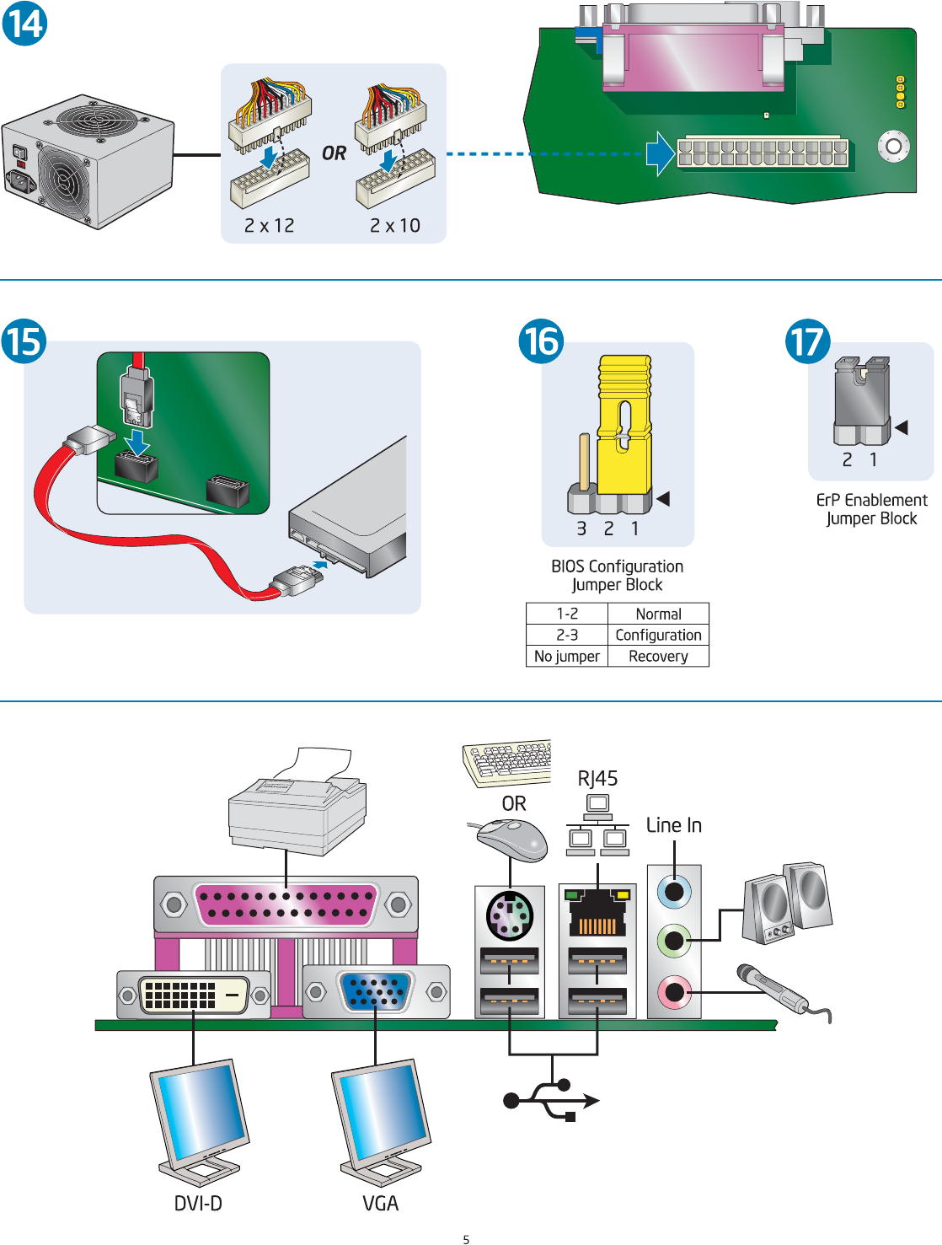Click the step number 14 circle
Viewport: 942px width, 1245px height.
point(24,23)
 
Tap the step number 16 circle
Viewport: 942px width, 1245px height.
point(540,341)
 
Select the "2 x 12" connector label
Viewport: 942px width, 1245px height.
point(270,226)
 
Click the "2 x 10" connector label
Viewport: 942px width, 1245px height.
point(395,226)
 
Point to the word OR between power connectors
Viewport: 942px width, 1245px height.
point(334,153)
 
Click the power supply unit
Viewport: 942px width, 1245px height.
point(88,160)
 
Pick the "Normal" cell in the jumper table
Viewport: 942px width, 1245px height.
point(658,614)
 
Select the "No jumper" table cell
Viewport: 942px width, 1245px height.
point(567,656)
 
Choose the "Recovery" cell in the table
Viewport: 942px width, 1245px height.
point(658,656)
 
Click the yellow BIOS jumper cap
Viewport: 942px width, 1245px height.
point(624,421)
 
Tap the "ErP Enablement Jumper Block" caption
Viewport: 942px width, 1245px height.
point(871,509)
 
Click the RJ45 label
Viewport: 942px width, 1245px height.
point(597,778)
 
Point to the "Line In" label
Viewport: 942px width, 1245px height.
point(673,825)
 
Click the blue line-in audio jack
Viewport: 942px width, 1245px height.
point(674,889)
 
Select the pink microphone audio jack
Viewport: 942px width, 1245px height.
point(674,991)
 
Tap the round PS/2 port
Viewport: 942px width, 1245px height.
point(510,915)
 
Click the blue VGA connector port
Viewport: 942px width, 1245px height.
point(376,991)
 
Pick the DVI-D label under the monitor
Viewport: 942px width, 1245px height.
point(198,1203)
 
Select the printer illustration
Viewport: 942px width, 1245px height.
point(297,805)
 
